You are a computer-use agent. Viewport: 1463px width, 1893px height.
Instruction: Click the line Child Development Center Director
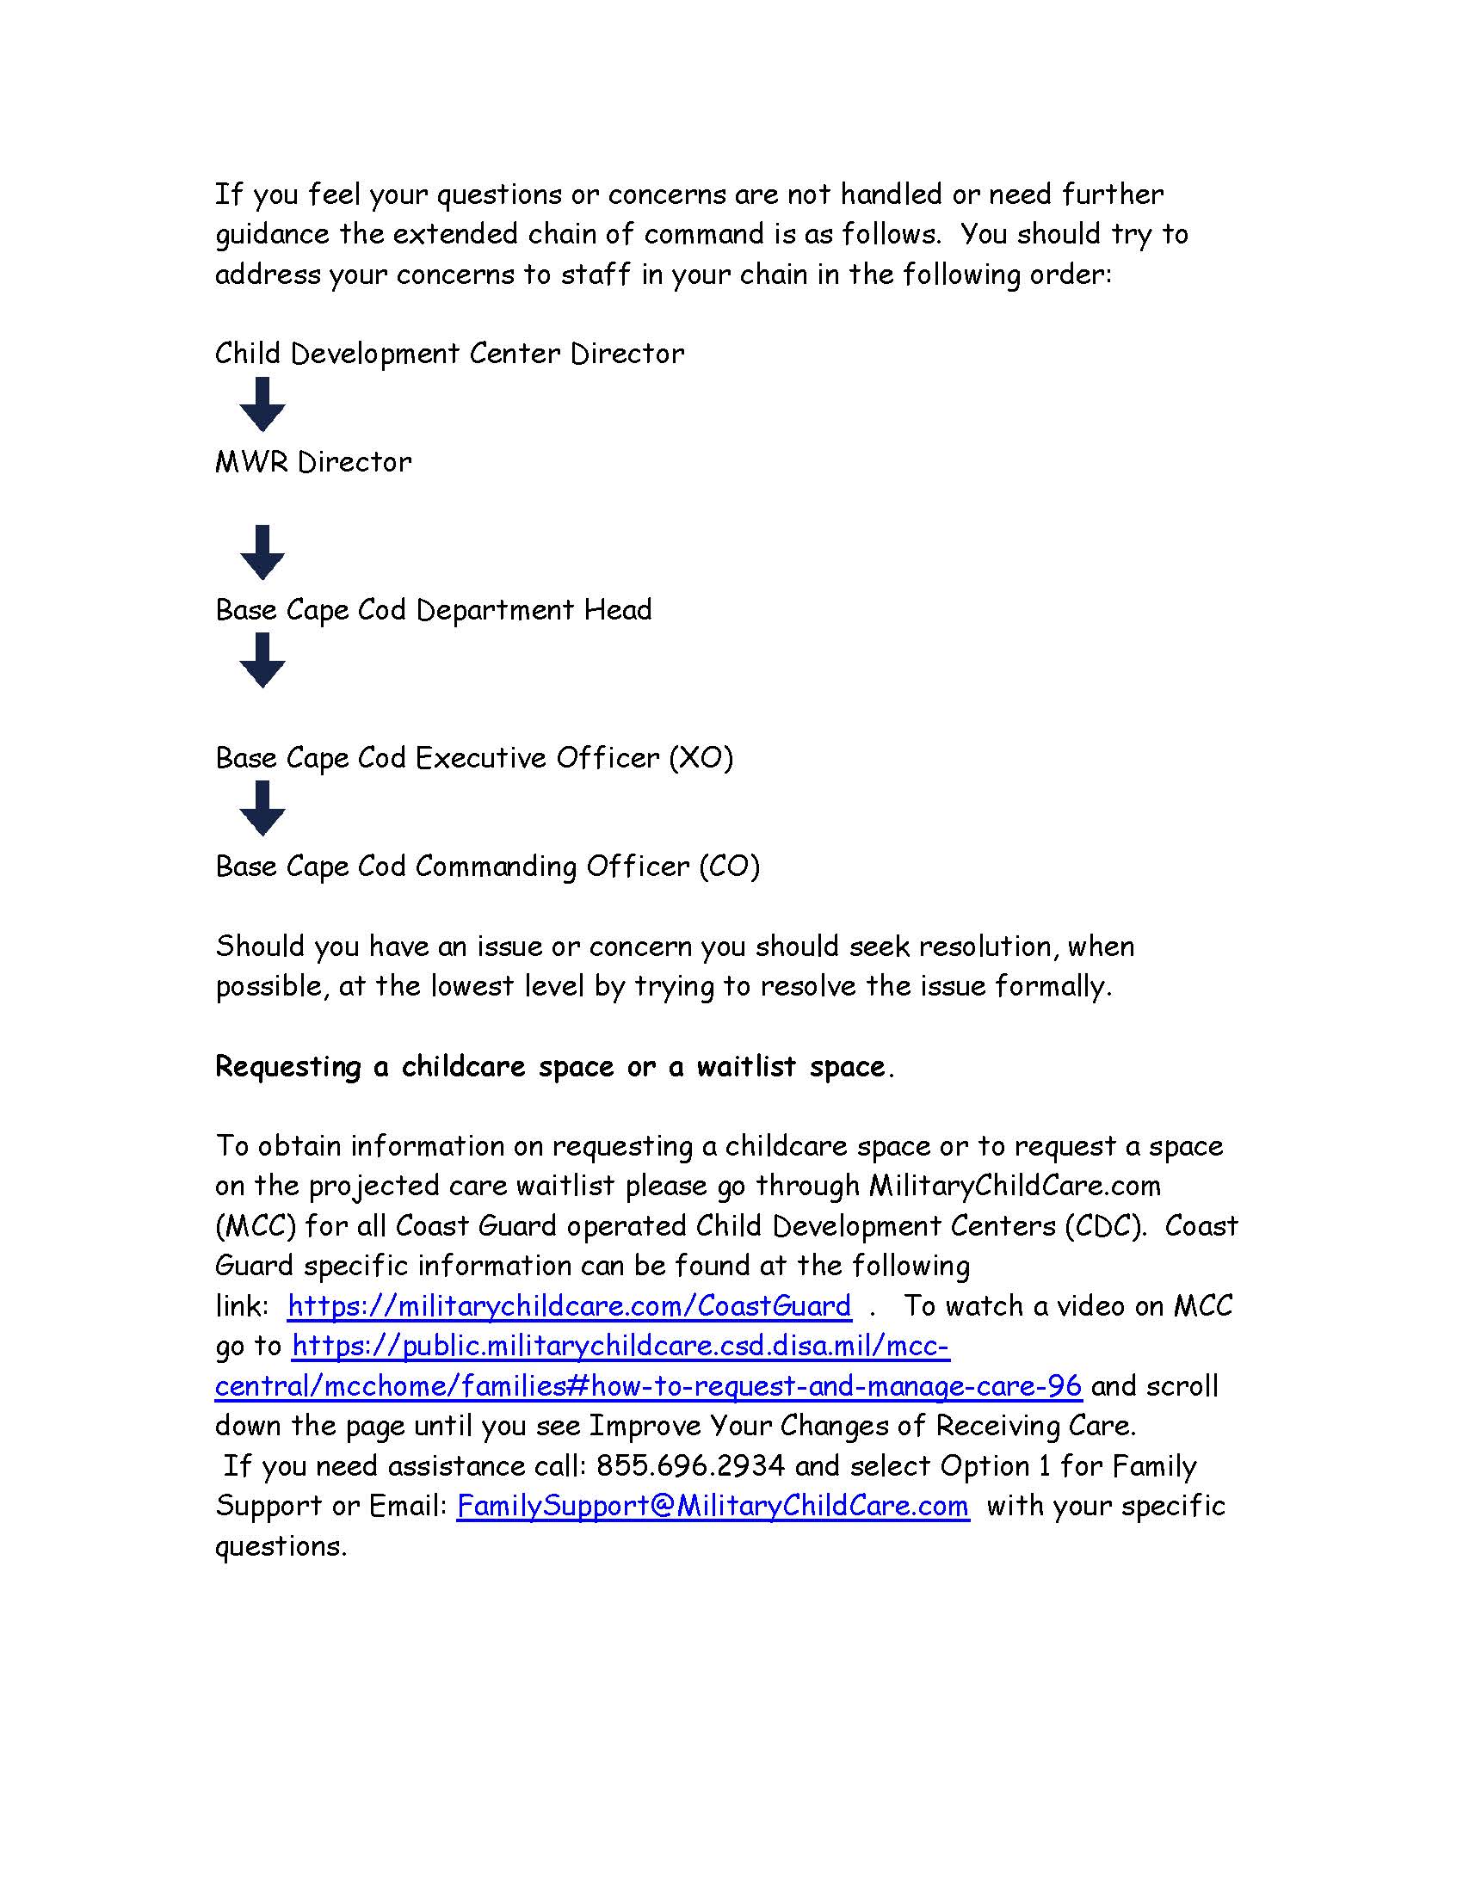coord(449,354)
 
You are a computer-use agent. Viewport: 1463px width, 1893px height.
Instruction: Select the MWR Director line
coord(313,462)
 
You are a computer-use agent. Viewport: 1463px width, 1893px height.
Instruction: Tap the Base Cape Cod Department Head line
coord(434,610)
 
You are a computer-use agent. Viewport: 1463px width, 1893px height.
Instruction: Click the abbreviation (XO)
coord(701,758)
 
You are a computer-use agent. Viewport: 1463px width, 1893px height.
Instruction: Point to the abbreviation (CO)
coord(729,866)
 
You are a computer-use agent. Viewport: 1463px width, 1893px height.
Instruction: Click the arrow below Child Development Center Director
coord(262,404)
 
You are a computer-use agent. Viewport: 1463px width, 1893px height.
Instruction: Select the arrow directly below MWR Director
coord(262,552)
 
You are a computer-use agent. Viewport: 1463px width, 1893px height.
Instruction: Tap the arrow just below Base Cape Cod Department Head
coord(262,661)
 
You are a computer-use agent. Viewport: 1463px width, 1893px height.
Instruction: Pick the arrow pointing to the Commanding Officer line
coord(262,808)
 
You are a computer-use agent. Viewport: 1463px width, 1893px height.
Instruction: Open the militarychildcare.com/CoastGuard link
coord(570,1306)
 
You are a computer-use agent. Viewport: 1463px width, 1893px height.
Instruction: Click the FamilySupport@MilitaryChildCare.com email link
coord(713,1506)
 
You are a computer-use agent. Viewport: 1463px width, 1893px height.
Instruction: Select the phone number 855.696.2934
coord(690,1465)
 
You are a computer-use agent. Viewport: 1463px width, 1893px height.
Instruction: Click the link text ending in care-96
coord(647,1386)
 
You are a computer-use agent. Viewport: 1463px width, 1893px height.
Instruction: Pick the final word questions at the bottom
coord(280,1547)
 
